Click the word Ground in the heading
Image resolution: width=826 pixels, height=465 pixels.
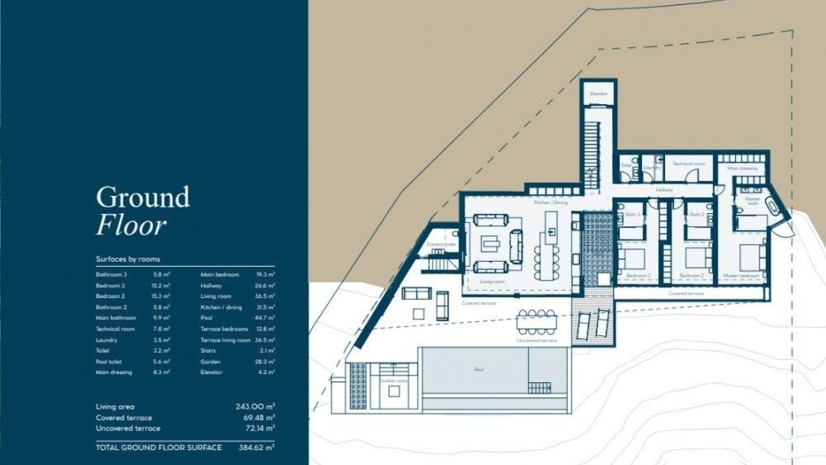click(142, 198)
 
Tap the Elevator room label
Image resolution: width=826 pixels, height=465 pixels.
click(598, 94)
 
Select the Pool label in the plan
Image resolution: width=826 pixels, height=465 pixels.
click(479, 369)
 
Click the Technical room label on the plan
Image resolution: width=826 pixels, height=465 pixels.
click(689, 164)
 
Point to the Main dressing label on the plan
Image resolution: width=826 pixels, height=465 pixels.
click(742, 168)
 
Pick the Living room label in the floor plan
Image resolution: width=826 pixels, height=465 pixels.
click(492, 282)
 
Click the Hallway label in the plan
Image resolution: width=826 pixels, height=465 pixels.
click(664, 190)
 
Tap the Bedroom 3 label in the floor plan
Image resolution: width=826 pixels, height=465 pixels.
click(638, 276)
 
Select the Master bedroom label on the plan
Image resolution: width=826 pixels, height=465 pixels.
click(741, 276)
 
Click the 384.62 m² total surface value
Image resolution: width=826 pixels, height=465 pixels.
click(256, 447)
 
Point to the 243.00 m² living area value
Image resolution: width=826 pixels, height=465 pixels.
click(255, 406)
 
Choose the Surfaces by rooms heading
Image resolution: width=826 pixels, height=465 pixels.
click(128, 259)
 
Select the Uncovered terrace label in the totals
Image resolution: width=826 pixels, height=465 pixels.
click(128, 428)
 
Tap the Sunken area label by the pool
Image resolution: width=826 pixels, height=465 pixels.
click(393, 381)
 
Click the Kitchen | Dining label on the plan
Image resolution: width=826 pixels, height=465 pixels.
click(551, 202)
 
